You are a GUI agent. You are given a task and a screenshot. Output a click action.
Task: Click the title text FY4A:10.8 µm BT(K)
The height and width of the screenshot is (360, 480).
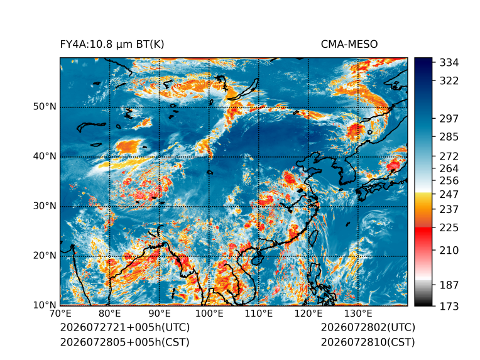click(x=112, y=45)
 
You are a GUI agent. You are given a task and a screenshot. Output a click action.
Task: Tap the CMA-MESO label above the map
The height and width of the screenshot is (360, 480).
click(x=349, y=45)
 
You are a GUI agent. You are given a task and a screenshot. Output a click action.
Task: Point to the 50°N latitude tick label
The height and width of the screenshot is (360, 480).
click(x=45, y=107)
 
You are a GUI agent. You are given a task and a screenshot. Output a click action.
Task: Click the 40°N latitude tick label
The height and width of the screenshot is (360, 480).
click(x=45, y=156)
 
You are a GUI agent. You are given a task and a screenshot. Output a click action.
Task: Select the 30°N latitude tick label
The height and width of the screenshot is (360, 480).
click(x=45, y=206)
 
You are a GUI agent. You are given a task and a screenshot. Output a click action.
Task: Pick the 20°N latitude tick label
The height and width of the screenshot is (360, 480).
click(x=45, y=256)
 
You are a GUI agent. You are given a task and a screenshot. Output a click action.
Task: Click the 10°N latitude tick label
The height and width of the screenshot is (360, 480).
click(x=45, y=305)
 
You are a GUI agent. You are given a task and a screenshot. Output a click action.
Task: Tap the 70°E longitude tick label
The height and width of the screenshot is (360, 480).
click(x=60, y=314)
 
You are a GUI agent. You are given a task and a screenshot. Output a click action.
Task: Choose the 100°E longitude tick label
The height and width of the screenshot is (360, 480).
click(x=209, y=314)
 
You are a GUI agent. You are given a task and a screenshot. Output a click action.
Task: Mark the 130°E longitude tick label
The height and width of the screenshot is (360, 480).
click(x=358, y=314)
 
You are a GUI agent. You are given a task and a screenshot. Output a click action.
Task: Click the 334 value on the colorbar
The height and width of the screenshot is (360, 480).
click(x=449, y=63)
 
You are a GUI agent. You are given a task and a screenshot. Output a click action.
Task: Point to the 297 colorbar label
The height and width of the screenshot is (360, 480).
click(x=449, y=119)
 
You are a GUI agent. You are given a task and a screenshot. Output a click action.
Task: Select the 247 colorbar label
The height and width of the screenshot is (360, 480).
click(x=449, y=194)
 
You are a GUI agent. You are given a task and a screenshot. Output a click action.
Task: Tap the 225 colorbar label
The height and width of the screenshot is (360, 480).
click(x=449, y=228)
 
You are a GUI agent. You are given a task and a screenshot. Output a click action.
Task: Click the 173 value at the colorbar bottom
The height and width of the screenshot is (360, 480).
click(x=449, y=307)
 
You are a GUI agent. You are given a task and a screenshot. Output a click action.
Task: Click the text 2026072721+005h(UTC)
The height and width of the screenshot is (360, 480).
click(x=125, y=327)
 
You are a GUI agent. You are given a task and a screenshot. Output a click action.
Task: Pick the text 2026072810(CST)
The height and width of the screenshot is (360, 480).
click(x=368, y=342)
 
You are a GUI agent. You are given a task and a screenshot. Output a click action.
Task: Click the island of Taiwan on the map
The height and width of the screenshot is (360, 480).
click(x=314, y=239)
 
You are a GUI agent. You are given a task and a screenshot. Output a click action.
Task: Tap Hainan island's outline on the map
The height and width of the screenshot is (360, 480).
click(x=256, y=260)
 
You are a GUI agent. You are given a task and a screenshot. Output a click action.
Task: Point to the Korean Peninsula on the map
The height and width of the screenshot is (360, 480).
click(x=347, y=172)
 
